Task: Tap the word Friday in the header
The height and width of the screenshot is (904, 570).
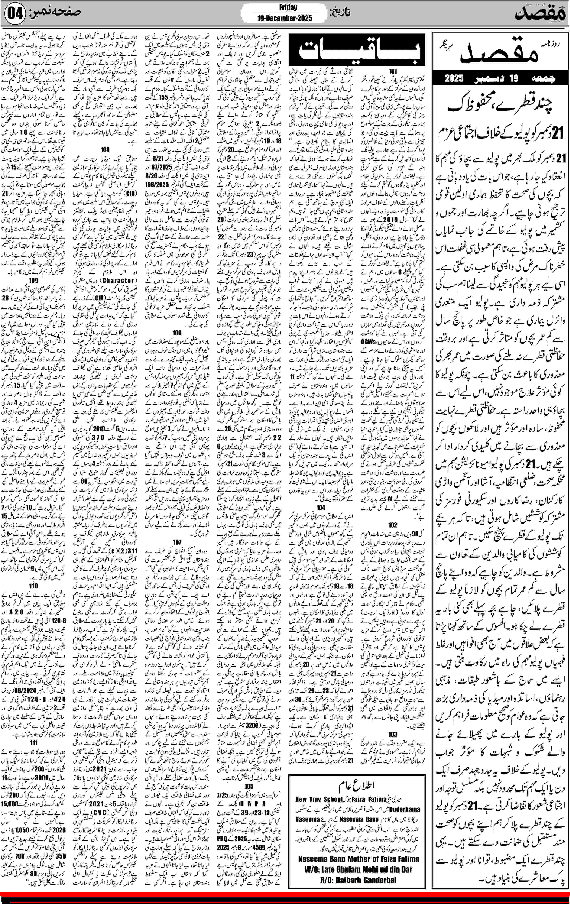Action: pyautogui.click(x=288, y=8)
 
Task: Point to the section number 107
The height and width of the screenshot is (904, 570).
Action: pyautogui.click(x=177, y=542)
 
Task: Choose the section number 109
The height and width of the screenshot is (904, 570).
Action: pyautogui.click(x=33, y=280)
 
